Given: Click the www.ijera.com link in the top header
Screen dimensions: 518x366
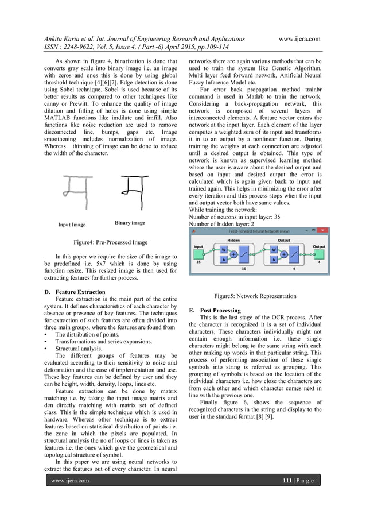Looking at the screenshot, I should pyautogui.click(x=298, y=38).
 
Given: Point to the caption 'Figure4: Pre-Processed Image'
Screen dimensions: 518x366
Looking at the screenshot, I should pyautogui.click(x=107, y=243).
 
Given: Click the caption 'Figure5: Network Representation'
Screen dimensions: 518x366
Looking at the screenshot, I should pyautogui.click(x=255, y=296).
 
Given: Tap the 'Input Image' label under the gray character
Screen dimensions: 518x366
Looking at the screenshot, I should pyautogui.click(x=72, y=225).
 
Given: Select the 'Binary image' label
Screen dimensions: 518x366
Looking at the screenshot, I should pyautogui.click(x=130, y=222).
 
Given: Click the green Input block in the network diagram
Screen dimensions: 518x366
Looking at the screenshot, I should pyautogui.click(x=198, y=254).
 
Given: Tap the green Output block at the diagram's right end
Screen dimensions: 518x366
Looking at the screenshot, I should pyautogui.click(x=319, y=254).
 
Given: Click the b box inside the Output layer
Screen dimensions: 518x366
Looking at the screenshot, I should pyautogui.click(x=274, y=260).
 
